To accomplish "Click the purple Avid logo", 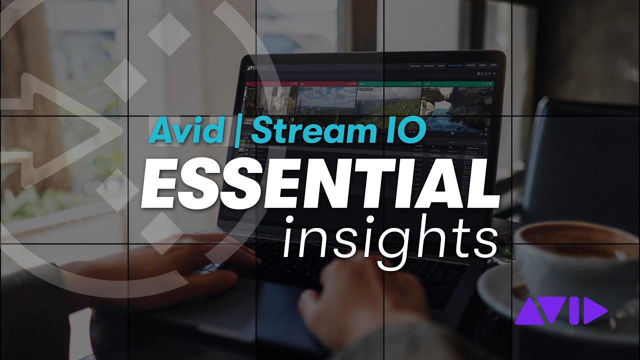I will [x=560, y=310].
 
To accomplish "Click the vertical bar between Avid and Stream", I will [x=237, y=131].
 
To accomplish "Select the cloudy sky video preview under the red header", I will [x=327, y=103].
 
